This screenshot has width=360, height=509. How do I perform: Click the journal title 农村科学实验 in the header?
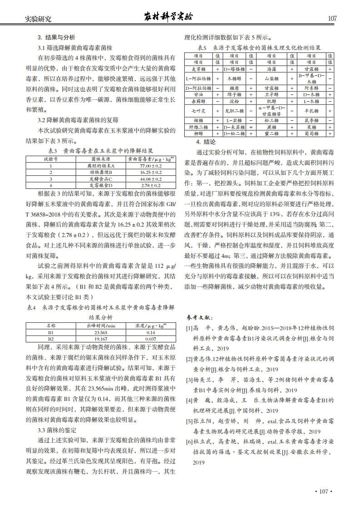tap(168, 17)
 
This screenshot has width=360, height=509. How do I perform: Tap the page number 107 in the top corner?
tap(332, 19)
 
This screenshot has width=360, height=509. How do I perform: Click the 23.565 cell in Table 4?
tap(100, 332)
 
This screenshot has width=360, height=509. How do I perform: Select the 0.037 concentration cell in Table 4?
tap(151, 339)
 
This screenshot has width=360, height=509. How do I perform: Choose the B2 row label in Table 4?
tap(50, 339)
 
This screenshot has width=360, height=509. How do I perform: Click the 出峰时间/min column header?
tap(100, 326)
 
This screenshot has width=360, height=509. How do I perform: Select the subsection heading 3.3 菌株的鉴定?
tap(57, 430)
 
